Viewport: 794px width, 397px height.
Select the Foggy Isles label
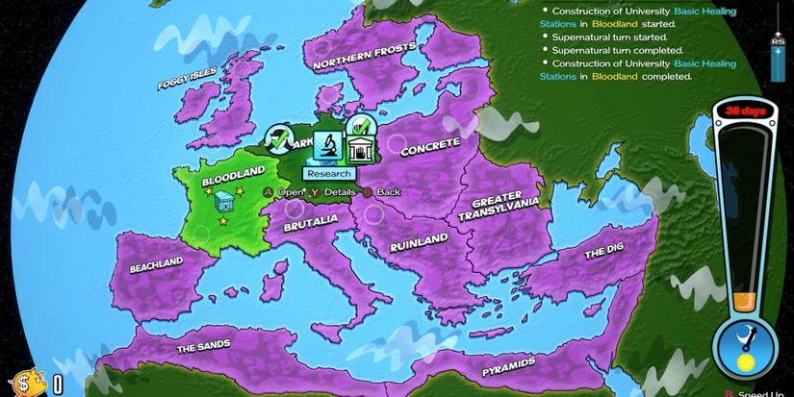point(188,78)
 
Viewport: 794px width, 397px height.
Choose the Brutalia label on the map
point(310,222)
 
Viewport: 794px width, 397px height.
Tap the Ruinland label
point(418,242)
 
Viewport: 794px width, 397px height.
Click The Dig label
point(604,254)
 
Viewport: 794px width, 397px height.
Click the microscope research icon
point(327,146)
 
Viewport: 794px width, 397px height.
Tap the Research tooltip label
point(328,174)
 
